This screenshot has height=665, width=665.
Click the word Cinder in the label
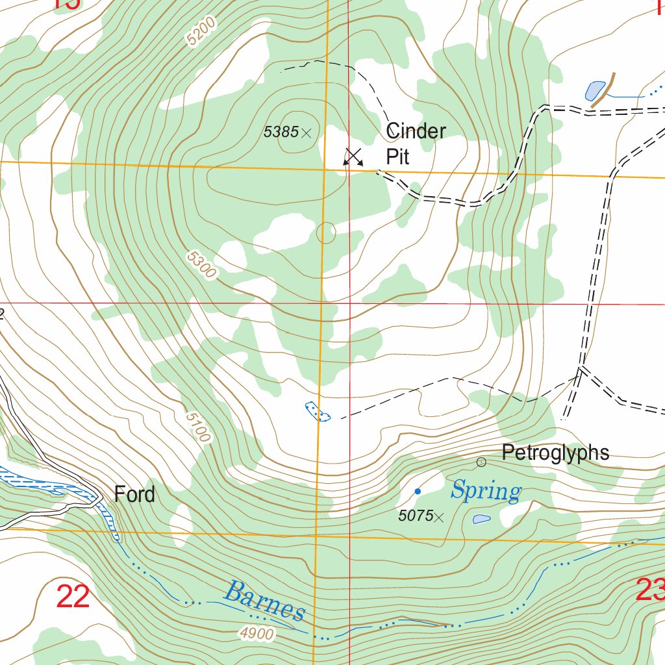[416, 131]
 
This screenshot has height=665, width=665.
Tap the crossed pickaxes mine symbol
[353, 157]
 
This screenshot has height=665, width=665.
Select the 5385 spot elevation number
[281, 132]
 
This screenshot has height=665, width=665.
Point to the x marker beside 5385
[307, 133]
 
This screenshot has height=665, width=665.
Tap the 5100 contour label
[197, 427]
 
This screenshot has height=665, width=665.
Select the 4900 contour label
[256, 634]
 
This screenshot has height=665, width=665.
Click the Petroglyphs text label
[555, 453]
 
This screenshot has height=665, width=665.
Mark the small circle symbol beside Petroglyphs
[481, 462]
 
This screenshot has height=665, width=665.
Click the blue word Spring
[486, 491]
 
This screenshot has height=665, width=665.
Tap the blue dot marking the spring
[418, 491]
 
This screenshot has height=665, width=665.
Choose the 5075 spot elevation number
[416, 516]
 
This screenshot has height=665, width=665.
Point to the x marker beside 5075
[440, 517]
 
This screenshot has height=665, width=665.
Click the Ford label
[134, 494]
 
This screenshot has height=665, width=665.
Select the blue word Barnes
[264, 601]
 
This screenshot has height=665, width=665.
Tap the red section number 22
[73, 596]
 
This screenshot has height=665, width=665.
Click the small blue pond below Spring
[481, 519]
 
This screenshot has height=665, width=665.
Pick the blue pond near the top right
[595, 90]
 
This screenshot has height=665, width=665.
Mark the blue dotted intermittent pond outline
[318, 411]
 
